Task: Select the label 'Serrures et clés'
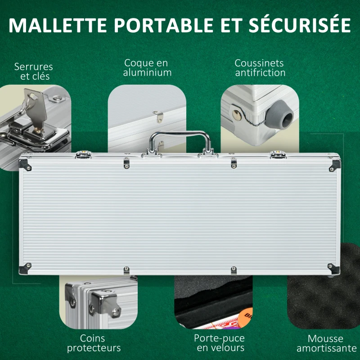tap(34, 72)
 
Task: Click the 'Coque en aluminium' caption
tap(147, 67)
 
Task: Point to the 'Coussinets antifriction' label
tap(260, 67)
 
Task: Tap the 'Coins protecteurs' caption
tap(94, 343)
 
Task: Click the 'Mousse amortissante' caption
tap(326, 343)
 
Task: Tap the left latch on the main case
tap(84, 155)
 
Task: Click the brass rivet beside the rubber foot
tap(237, 115)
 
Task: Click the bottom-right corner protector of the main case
tap(333, 268)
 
